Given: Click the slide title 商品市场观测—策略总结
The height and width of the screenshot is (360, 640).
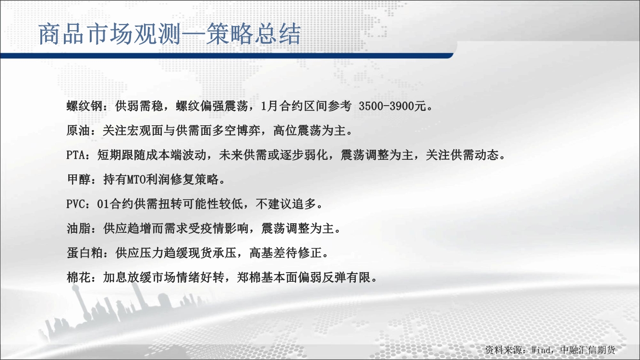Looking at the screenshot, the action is (169, 34).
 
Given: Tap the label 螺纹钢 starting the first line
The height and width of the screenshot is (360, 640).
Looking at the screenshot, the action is (85, 106).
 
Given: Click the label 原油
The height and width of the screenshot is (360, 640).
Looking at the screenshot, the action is (78, 131).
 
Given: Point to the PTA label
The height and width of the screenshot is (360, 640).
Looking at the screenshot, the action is (75, 155).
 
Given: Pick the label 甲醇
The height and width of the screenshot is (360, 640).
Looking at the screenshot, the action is (79, 180).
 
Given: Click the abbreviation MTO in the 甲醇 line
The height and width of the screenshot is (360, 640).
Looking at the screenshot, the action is (136, 180).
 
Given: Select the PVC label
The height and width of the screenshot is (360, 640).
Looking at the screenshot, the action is (75, 204).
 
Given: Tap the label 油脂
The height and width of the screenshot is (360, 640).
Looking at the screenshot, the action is (79, 228).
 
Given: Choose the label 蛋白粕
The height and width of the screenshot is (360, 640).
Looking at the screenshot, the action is (85, 253).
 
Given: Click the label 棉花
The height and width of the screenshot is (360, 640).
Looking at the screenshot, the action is (79, 277).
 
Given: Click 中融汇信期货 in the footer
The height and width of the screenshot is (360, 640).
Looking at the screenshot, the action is (588, 350).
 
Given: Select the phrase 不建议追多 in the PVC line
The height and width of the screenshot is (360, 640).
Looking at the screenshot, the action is (286, 204).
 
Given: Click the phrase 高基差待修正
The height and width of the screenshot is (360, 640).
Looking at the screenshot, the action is (285, 253).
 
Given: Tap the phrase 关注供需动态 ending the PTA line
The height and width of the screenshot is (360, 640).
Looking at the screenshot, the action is (462, 155).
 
